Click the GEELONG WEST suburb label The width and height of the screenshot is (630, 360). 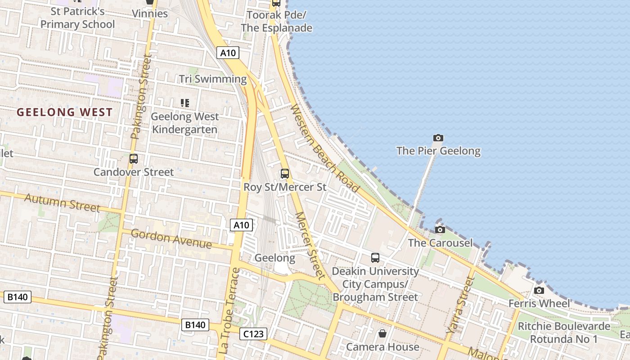pyautogui.click(x=65, y=112)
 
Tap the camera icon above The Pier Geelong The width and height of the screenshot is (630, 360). pyautogui.click(x=438, y=138)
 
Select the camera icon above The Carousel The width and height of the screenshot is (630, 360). pyautogui.click(x=440, y=230)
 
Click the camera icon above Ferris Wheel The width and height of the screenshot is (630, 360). pyautogui.click(x=539, y=290)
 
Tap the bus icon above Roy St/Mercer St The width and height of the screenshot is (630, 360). pyautogui.click(x=284, y=173)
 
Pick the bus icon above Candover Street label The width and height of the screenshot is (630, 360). pyautogui.click(x=133, y=158)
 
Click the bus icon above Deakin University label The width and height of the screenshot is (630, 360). pyautogui.click(x=375, y=258)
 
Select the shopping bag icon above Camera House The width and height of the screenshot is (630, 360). pyautogui.click(x=382, y=333)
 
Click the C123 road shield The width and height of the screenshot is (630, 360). pyautogui.click(x=253, y=334)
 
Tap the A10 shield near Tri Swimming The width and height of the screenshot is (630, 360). pyautogui.click(x=228, y=53)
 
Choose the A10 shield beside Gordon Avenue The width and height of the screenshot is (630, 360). pyautogui.click(x=242, y=225)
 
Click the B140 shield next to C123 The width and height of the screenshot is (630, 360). pyautogui.click(x=195, y=325)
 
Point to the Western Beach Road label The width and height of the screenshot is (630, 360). pyautogui.click(x=324, y=148)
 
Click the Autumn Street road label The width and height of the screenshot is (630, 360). pyautogui.click(x=62, y=202)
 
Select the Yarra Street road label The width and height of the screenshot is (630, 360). pyautogui.click(x=460, y=305)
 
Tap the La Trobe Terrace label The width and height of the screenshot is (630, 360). pyautogui.click(x=229, y=310)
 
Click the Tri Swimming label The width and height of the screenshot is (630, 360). pyautogui.click(x=213, y=79)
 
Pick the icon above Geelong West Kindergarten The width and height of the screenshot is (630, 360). pyautogui.click(x=184, y=103)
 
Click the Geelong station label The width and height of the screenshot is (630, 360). pyautogui.click(x=274, y=258)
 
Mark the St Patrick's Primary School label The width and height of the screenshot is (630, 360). pyautogui.click(x=78, y=18)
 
